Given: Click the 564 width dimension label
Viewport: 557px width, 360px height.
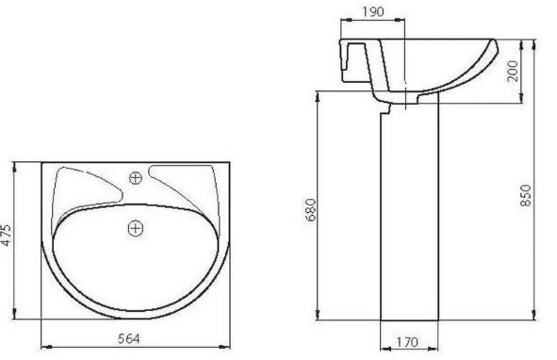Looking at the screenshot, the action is pos(128,338).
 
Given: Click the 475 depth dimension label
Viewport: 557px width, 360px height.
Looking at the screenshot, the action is pos(7,235).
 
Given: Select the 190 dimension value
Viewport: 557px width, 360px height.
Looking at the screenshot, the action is pos(373,11).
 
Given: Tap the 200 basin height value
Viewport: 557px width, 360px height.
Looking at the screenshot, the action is pos(513,71).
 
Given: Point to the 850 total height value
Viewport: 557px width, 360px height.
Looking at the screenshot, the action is pos(525,195).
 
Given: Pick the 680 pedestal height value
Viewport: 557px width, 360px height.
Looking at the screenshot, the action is pos(310,210).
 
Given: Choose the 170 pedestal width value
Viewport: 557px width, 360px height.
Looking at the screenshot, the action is pos(407,342).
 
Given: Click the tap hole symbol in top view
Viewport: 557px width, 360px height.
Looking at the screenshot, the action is pos(136,178).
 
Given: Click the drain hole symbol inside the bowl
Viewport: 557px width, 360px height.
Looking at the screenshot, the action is pos(136,227).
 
